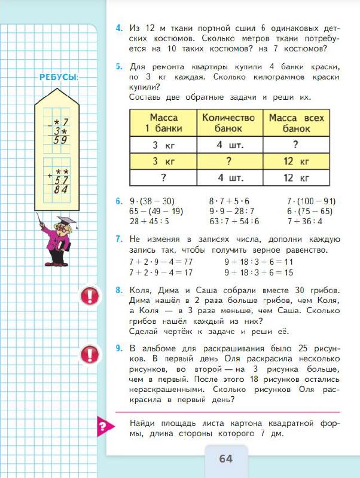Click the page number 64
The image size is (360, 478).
[x=225, y=459]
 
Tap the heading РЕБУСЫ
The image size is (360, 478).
[x=59, y=78]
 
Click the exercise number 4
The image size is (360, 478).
[x=119, y=27]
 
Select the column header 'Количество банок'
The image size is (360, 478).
[x=228, y=123]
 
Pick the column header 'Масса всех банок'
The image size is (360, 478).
[x=296, y=123]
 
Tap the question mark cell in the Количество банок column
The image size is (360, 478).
[x=228, y=161]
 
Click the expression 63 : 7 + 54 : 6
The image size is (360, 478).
[x=234, y=220]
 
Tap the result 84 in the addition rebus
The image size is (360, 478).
[x=59, y=189]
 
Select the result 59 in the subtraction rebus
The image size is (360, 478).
[x=59, y=141]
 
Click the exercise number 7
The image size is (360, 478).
[x=119, y=239]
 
